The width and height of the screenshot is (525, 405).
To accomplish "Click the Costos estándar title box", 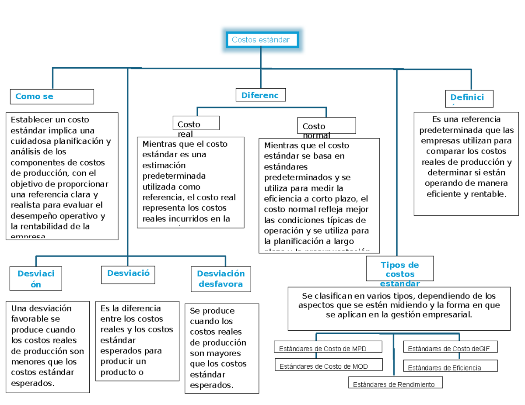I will [x=261, y=40].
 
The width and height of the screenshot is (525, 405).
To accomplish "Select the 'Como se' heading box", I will [x=52, y=97].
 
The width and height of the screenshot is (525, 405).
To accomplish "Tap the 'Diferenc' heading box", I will [x=260, y=95].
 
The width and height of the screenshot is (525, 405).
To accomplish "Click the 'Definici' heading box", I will [x=469, y=98].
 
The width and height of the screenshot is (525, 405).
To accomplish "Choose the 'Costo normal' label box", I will [x=326, y=126].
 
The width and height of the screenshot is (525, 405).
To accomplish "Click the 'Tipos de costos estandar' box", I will [x=400, y=268].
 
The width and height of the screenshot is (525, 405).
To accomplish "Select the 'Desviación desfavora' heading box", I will [x=221, y=279].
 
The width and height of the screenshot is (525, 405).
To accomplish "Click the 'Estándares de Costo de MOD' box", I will [x=329, y=366].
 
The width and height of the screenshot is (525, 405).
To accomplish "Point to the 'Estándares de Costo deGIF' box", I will [x=450, y=348].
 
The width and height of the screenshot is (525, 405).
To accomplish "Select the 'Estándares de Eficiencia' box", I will [x=450, y=367].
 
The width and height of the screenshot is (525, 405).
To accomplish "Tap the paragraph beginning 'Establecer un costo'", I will [x=62, y=176].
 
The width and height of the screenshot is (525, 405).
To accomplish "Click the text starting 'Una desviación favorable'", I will [x=47, y=346].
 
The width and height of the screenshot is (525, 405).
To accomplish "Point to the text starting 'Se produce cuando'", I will [x=221, y=348].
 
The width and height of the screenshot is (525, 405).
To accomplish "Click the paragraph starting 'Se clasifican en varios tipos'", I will [x=399, y=305].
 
